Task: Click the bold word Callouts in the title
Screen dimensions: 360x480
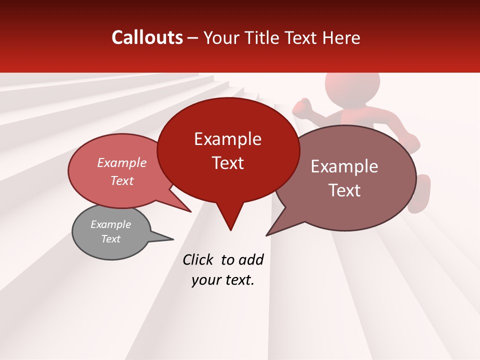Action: tap(147, 37)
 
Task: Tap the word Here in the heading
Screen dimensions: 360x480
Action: tap(342, 38)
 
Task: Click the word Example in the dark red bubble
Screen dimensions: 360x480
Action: tap(227, 139)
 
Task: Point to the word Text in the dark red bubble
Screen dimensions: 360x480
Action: tap(227, 163)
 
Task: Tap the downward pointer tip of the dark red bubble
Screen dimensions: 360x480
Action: tap(230, 229)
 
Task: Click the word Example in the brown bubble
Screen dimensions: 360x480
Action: tap(344, 166)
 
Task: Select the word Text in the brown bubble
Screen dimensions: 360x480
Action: tap(344, 190)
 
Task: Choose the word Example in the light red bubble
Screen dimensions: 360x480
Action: tap(122, 162)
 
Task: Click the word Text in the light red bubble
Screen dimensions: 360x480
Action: tap(122, 180)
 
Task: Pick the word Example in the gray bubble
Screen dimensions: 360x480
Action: tap(111, 224)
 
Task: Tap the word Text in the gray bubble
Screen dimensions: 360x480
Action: tap(111, 239)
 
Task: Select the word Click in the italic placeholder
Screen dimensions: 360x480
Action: tap(198, 260)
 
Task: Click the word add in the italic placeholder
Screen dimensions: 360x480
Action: tap(251, 260)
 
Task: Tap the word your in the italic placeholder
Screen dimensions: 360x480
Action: tap(205, 280)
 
